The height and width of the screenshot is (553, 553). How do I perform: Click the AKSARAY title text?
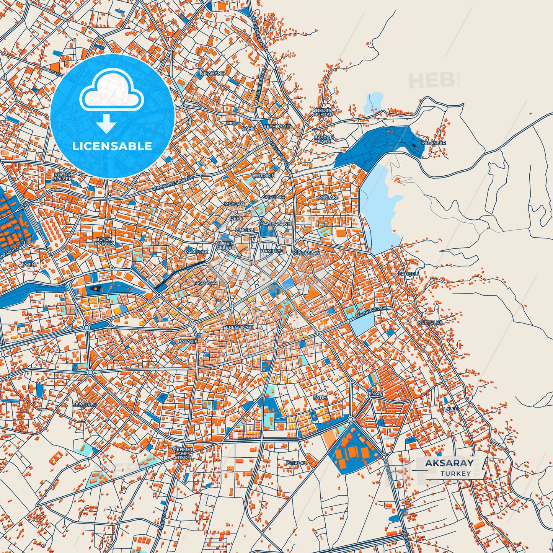(x=449, y=463)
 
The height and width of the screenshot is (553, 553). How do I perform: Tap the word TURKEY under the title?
(x=455, y=474)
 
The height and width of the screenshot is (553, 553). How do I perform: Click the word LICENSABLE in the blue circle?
(x=112, y=146)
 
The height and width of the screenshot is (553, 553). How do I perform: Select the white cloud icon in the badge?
(x=111, y=90)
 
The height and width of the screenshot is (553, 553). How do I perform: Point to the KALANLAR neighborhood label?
(x=433, y=143)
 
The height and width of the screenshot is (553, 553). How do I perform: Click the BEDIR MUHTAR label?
(x=323, y=112)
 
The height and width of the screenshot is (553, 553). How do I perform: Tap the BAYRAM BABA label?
(x=324, y=139)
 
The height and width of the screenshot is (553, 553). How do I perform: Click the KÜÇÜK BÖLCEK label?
(x=63, y=177)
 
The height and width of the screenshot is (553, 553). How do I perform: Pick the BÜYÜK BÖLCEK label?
(x=104, y=241)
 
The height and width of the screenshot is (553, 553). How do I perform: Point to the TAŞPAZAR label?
(x=205, y=283)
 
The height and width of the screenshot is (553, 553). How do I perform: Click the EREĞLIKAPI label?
(x=239, y=328)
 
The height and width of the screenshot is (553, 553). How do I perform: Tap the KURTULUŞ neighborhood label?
(x=430, y=323)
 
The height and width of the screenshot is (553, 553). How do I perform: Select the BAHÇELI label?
(x=409, y=274)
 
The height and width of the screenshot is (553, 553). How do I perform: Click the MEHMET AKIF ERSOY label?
(x=182, y=453)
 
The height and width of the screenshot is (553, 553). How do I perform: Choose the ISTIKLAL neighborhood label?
(x=296, y=463)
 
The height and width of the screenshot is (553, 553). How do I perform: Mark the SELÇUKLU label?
(x=85, y=404)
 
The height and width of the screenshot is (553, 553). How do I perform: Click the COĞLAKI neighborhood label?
(x=327, y=197)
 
